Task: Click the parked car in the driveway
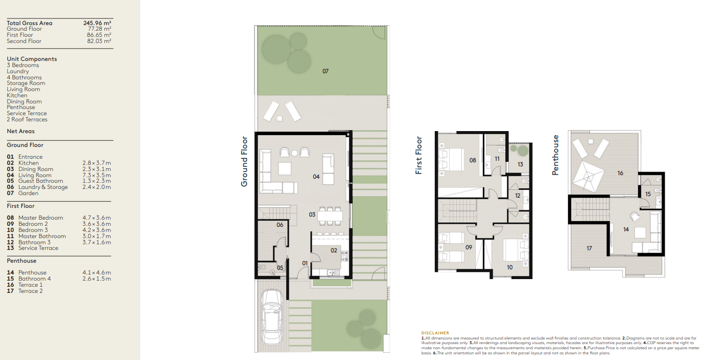[272, 317]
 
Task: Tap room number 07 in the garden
[325, 71]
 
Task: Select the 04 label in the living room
[316, 177]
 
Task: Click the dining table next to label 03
[330, 216]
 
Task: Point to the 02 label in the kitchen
[334, 250]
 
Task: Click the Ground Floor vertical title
[244, 161]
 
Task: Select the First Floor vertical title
[419, 155]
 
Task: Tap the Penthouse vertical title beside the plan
[555, 155]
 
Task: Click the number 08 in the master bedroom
[473, 160]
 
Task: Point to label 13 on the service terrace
[520, 164]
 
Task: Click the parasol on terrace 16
[588, 177]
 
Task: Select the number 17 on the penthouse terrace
[589, 248]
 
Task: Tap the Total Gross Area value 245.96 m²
[97, 23]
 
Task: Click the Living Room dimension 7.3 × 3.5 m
[96, 175]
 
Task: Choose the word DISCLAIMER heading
[435, 333]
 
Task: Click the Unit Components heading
[32, 59]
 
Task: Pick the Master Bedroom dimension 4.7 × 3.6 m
[96, 218]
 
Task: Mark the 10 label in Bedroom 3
[509, 267]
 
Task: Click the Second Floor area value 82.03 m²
[99, 41]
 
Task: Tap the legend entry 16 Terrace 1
[25, 285]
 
